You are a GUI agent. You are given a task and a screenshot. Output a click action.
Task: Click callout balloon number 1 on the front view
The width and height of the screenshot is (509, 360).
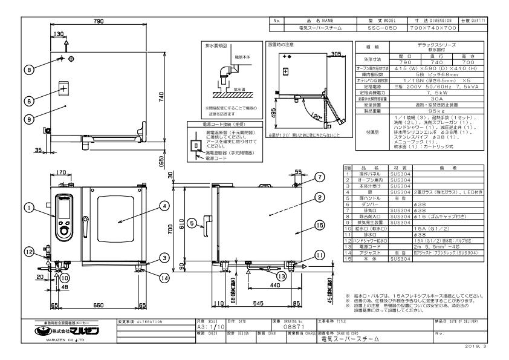[x=28, y=207]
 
